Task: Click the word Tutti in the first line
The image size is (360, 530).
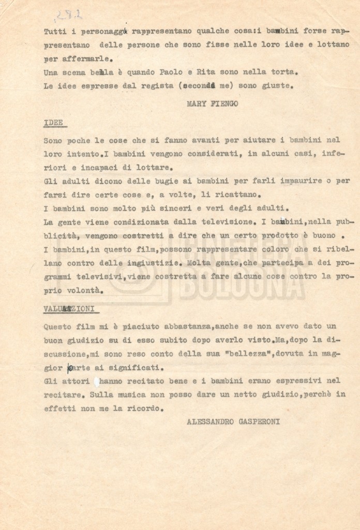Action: (x=54, y=32)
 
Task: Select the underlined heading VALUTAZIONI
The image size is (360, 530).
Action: (x=69, y=309)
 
